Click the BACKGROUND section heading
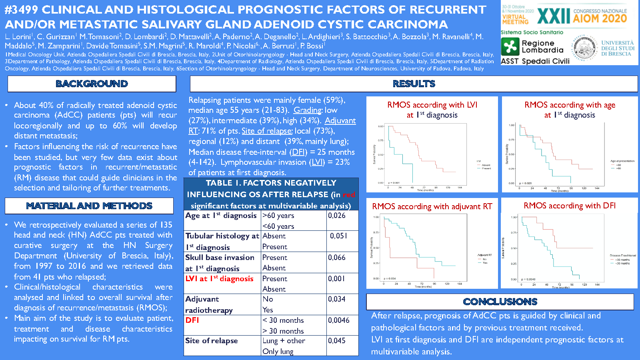point(92,84)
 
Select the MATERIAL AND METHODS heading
point(89,206)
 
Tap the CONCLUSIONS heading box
point(500,302)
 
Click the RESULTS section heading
point(414,84)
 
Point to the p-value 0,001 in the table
point(336,279)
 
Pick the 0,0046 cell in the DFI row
point(339,320)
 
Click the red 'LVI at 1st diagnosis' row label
point(219,279)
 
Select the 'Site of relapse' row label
point(212,341)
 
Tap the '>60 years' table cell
point(278,216)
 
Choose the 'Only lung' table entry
point(278,351)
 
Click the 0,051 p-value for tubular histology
point(338,236)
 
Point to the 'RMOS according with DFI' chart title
point(570,206)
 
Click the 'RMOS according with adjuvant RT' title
point(432,206)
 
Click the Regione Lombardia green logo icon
point(510,46)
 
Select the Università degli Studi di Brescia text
point(618,48)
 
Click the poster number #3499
point(22,9)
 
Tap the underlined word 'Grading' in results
point(308,110)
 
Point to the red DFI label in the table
point(192,320)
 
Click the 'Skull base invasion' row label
point(220,258)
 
